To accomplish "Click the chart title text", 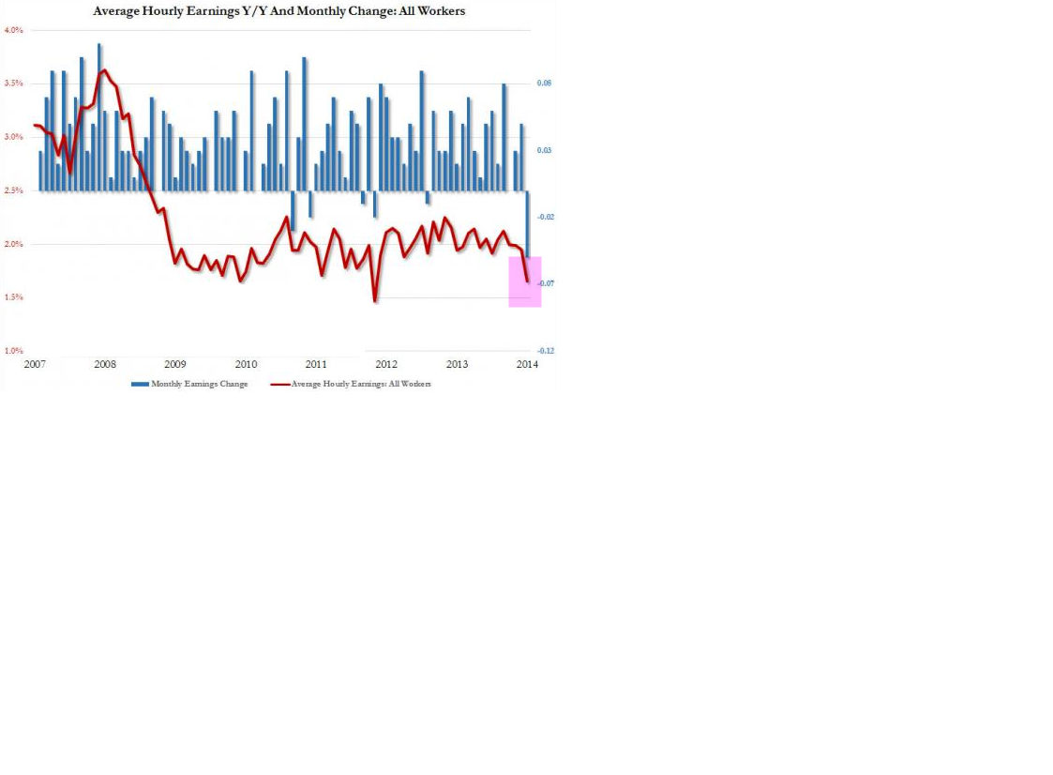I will tap(278, 11).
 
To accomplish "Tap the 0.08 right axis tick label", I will tap(543, 84).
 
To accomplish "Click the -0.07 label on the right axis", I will tap(544, 283).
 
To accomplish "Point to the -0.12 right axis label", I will tap(544, 351).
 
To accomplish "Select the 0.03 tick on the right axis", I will tap(543, 150).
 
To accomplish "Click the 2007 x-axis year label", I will tap(35, 364).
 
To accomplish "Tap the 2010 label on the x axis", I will tap(246, 364).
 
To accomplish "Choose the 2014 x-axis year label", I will tap(527, 364).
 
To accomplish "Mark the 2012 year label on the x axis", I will tap(386, 364).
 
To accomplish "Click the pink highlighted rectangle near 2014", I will tap(525, 281).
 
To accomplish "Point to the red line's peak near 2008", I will tap(103, 69).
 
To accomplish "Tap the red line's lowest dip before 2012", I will tap(375, 301).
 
